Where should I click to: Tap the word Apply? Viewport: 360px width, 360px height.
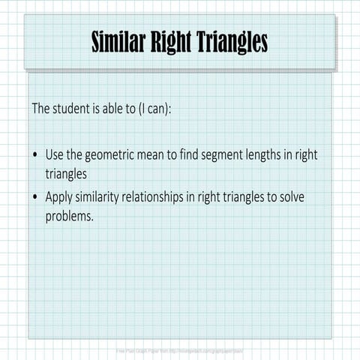59,197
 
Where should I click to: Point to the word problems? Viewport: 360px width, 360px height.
70,216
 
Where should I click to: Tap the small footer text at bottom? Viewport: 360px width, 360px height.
179,349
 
